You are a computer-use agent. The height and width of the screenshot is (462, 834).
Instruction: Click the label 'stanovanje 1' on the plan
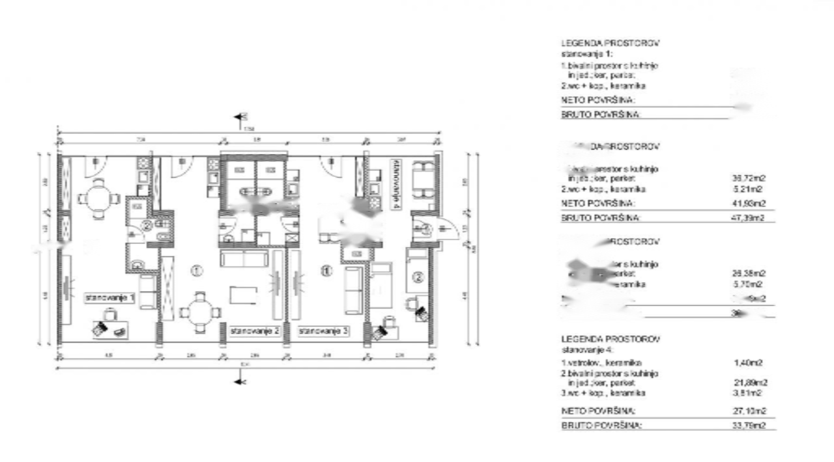[x=109, y=298]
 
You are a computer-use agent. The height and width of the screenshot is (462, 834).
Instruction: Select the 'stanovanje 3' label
[x=324, y=331]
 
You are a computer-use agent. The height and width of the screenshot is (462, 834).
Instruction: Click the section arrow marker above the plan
[x=240, y=118]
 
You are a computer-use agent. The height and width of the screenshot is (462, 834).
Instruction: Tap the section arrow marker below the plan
[x=240, y=381]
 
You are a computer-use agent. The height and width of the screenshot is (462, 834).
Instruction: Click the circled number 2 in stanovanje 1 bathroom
[x=147, y=226]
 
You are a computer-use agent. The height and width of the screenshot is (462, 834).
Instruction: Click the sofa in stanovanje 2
[x=244, y=259]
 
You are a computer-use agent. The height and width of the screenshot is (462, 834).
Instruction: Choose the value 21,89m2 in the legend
[x=751, y=383]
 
